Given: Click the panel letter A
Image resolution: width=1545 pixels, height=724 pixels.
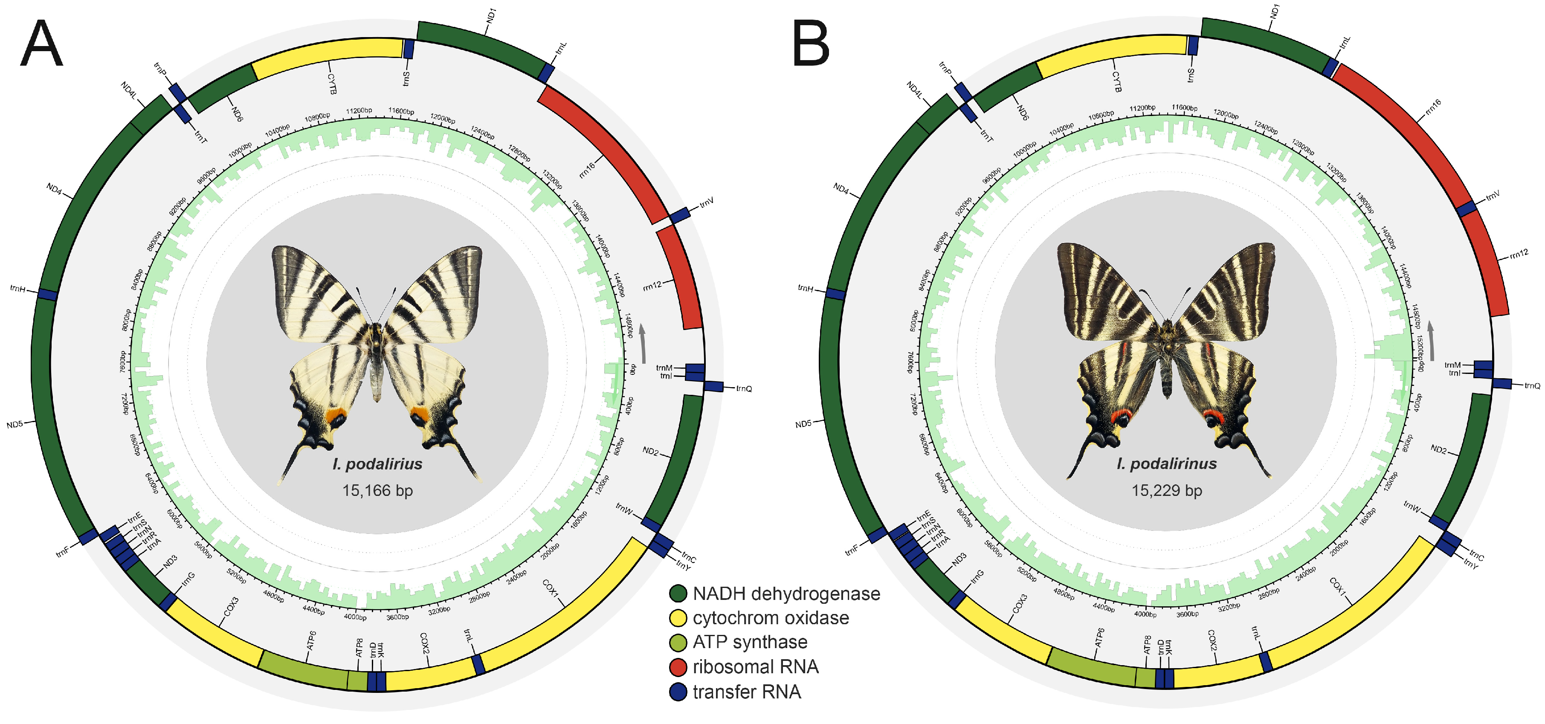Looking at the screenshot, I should click(41, 44).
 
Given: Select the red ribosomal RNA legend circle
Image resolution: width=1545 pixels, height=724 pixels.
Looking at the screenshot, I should click(678, 667).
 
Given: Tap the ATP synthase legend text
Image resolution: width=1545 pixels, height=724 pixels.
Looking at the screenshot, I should click(750, 643).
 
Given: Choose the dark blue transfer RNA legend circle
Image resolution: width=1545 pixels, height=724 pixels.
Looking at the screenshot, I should click(678, 692).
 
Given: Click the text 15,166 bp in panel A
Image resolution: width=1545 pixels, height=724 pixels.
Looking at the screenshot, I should click(377, 491).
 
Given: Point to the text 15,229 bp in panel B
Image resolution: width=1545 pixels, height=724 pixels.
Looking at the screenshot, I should click(1167, 491).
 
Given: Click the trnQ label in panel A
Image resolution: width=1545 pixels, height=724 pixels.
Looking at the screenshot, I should click(744, 389).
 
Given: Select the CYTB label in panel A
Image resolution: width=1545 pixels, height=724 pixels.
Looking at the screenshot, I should click(332, 84).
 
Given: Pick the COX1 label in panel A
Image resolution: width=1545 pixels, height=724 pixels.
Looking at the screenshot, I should click(550, 588).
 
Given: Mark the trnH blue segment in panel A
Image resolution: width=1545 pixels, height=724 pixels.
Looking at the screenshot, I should click(47, 295).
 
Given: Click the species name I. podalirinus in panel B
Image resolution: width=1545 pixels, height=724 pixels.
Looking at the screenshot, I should click(1167, 463).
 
